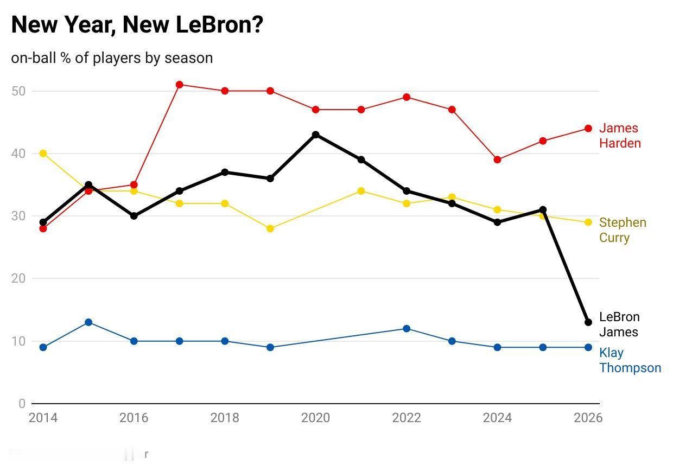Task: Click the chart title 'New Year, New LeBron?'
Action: [137, 25]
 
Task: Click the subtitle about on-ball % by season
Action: [112, 58]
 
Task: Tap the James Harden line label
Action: [619, 136]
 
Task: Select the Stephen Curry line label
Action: [622, 230]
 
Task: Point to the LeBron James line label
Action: [619, 324]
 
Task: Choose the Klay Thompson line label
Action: [630, 360]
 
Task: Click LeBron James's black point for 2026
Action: [588, 322]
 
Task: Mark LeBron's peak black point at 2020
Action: [316, 135]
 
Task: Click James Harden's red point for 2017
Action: [180, 85]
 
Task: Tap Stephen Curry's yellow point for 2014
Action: [43, 154]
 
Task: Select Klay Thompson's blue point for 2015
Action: [88, 322]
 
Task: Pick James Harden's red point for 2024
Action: [497, 160]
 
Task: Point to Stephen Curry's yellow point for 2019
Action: [270, 228]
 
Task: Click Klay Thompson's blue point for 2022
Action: [407, 329]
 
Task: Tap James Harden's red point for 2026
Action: [588, 129]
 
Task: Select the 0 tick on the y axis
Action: [22, 404]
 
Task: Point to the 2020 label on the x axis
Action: [315, 418]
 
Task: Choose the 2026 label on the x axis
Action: [588, 418]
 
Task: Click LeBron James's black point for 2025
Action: [543, 210]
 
